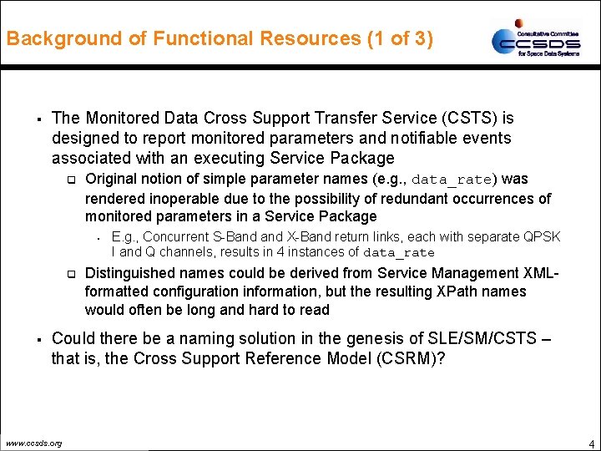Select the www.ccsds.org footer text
33,443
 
